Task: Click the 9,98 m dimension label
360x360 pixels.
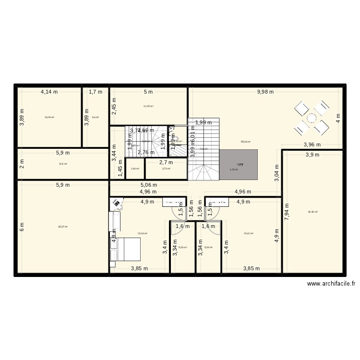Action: click(x=265, y=92)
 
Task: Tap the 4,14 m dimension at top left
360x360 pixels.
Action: click(x=49, y=92)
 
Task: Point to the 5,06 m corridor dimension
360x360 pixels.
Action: click(x=149, y=184)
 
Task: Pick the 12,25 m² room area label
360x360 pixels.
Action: click(x=148, y=106)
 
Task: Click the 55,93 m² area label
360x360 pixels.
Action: click(x=246, y=142)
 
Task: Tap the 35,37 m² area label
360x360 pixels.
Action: click(x=62, y=227)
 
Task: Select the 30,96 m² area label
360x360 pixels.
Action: click(x=312, y=212)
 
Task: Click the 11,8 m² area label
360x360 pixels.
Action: click(x=62, y=164)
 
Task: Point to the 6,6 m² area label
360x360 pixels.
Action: click(x=95, y=117)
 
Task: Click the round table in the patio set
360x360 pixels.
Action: click(x=312, y=118)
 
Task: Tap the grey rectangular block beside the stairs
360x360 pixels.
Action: click(x=239, y=165)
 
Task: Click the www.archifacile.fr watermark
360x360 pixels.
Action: click(x=331, y=284)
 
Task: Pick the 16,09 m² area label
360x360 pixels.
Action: click(x=49, y=117)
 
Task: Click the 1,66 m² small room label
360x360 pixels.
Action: click(x=134, y=168)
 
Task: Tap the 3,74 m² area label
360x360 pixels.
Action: click(x=166, y=168)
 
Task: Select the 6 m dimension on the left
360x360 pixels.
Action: click(x=21, y=228)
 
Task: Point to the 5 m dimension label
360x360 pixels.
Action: click(x=148, y=92)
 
